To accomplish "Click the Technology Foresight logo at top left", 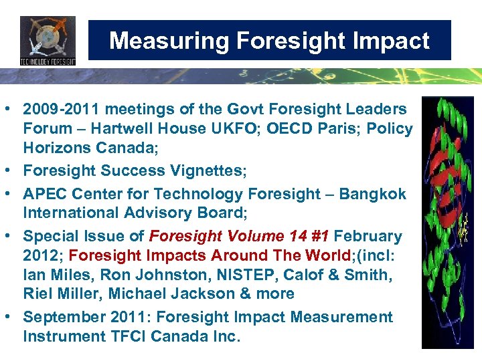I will click(x=48, y=41).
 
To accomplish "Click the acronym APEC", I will click(x=44, y=195).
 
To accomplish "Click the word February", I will click(x=368, y=237).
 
